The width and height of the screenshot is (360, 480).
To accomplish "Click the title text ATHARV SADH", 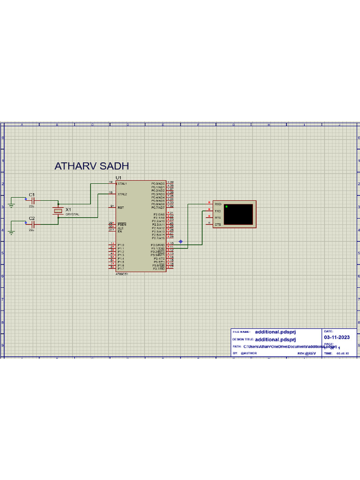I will [91, 166].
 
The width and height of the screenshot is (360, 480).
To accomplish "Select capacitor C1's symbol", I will [33, 201].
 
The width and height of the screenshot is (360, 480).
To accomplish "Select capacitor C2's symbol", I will [33, 224].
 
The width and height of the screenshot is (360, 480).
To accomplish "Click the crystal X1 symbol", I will [58, 211].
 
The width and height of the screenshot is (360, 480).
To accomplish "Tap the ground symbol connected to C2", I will [11, 232].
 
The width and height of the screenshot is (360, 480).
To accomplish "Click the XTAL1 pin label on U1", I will [122, 184].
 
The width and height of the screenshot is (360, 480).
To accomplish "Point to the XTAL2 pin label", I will [122, 194].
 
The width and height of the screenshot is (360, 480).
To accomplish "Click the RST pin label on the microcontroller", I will [120, 207].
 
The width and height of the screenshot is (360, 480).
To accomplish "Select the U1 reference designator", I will [118, 178].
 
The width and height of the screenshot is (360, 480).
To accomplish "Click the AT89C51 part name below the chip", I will [122, 274].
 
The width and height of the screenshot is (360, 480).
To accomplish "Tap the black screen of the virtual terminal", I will [239, 215].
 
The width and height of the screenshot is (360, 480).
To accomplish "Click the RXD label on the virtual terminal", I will [218, 204].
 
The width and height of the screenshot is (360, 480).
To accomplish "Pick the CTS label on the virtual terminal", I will [217, 225].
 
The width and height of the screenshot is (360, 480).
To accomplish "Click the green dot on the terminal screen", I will [226, 206].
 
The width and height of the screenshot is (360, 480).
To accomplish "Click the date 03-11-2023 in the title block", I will [337, 337].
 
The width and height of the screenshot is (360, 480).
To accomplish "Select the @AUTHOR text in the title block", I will [249, 353].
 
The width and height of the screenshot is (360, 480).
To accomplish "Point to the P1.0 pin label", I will [121, 245].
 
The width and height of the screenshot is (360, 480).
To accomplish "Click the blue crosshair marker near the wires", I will [180, 242].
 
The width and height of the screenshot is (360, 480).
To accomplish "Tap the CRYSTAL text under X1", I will [72, 214].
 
